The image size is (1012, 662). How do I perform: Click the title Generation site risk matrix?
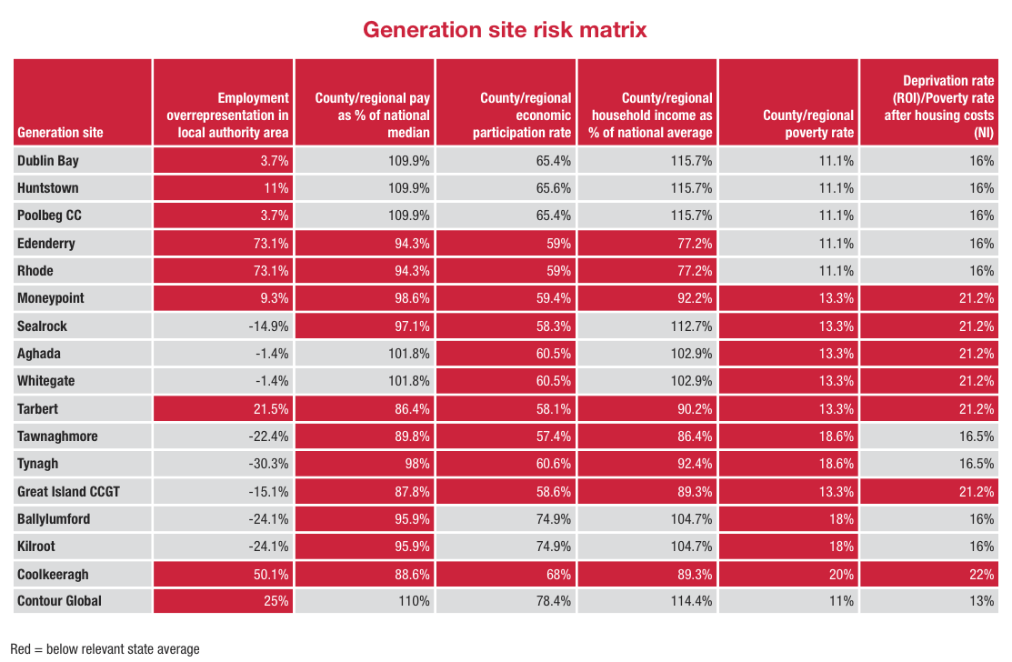pyautogui.click(x=505, y=29)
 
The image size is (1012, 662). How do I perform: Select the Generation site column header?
pyautogui.click(x=60, y=133)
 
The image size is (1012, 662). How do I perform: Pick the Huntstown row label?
pyautogui.click(x=48, y=188)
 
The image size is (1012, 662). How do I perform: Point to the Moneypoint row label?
pyautogui.click(x=53, y=298)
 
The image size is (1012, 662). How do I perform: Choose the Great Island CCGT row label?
pyautogui.click(x=68, y=491)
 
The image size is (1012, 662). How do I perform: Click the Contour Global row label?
pyautogui.click(x=59, y=601)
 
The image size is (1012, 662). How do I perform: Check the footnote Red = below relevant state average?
pyautogui.click(x=105, y=648)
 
